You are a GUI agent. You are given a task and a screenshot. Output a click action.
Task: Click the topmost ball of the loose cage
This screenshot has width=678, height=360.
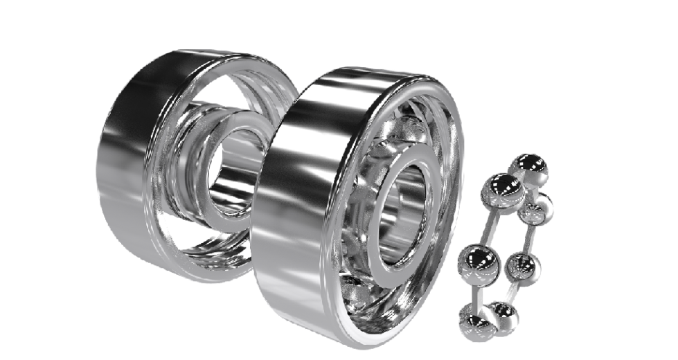[530, 168]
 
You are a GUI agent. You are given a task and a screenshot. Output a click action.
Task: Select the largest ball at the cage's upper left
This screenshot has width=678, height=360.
[503, 191]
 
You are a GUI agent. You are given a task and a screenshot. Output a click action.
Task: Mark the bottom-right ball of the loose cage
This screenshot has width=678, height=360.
[503, 316]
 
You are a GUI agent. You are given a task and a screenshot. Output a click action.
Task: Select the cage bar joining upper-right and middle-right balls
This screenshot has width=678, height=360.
[532, 238]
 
